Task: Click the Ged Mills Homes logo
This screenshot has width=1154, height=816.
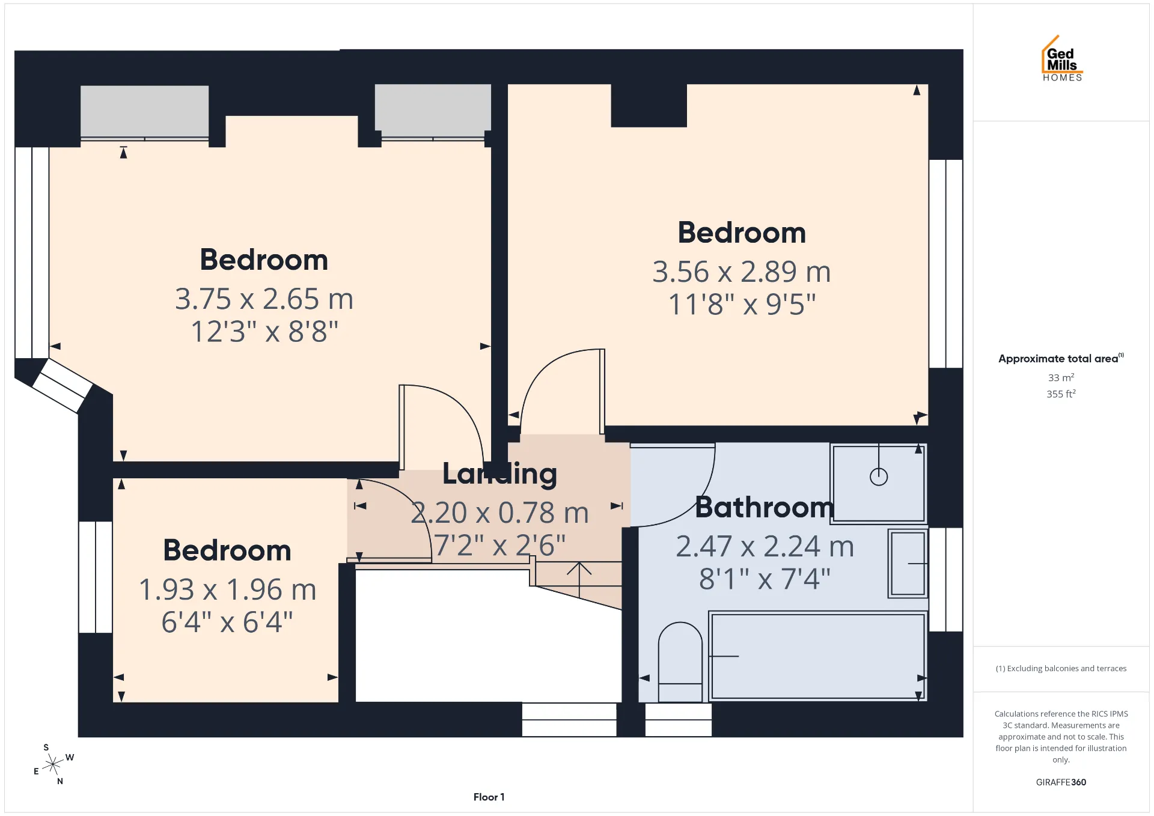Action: tap(1062, 58)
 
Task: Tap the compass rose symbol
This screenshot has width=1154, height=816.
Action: tap(53, 764)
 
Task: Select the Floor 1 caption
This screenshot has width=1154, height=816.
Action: tap(489, 797)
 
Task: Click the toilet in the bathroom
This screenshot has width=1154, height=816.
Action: tap(680, 662)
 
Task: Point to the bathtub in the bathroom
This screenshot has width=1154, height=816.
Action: tap(817, 656)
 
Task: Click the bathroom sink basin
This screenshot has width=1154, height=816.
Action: tap(908, 564)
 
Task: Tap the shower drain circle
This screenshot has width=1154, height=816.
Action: tap(879, 477)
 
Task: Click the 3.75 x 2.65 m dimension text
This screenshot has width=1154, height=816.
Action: tap(264, 299)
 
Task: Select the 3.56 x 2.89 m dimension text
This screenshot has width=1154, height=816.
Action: tap(742, 272)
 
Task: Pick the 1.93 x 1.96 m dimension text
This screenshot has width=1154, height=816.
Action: tap(227, 589)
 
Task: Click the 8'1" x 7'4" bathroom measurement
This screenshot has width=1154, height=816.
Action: tap(765, 579)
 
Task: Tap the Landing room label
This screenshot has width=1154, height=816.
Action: tap(500, 474)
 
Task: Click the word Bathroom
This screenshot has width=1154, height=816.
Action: tap(765, 507)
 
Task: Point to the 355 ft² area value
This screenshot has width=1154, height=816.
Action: tap(1061, 394)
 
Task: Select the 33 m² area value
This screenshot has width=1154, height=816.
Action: tap(1061, 377)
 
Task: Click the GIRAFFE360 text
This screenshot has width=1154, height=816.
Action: tap(1061, 782)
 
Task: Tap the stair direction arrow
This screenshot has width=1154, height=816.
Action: tap(579, 580)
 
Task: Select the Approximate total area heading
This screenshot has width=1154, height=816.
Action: tap(1061, 359)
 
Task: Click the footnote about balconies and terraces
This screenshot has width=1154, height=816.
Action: tap(1061, 668)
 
